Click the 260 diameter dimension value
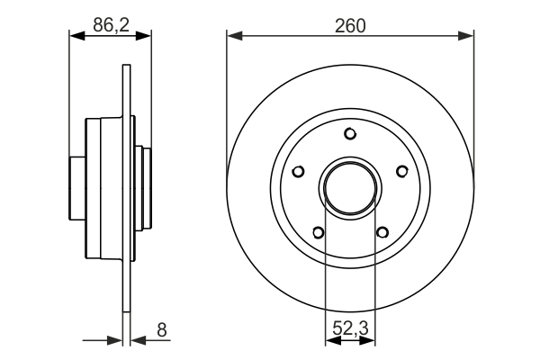tap(350, 26)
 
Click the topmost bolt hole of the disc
tap(350, 134)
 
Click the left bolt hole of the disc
tap(300, 171)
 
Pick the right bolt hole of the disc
tap(400, 171)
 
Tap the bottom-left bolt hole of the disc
tap(319, 232)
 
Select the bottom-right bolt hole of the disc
tap(382, 232)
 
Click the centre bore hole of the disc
tap(350, 187)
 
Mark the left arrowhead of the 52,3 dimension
tap(329, 341)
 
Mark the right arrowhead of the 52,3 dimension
tap(370, 341)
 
